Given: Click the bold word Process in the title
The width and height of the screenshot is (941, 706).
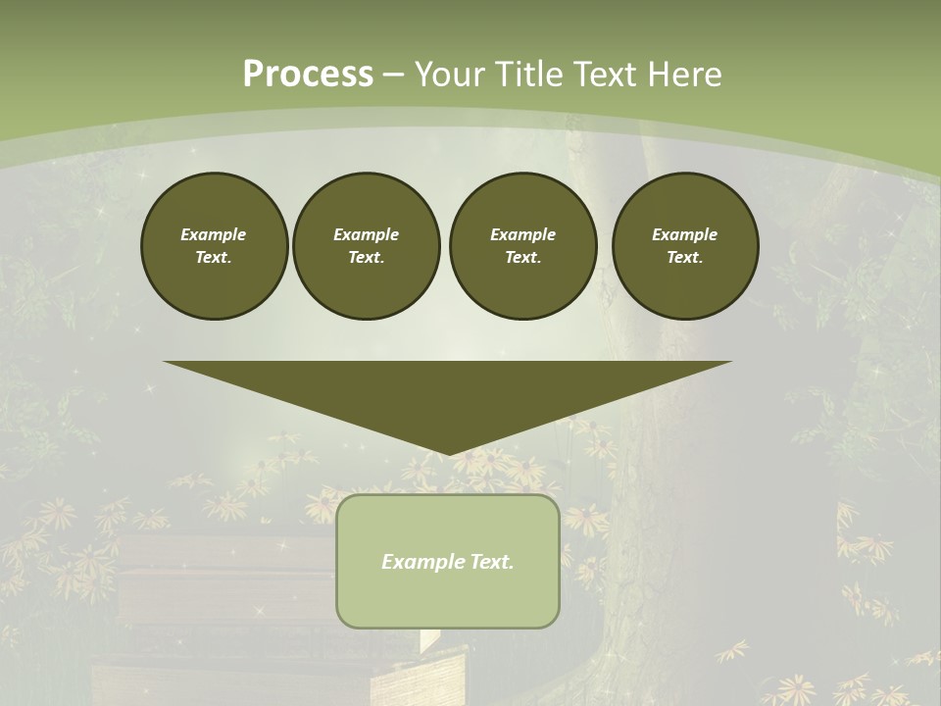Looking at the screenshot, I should pyautogui.click(x=308, y=75).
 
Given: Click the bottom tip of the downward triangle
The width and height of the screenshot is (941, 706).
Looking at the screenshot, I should pyautogui.click(x=448, y=453).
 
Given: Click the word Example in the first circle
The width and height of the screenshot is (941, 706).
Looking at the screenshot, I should pyautogui.click(x=214, y=234).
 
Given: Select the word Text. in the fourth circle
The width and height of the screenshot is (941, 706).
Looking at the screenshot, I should pyautogui.click(x=684, y=257).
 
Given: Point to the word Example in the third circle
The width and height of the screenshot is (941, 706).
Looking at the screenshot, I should pyautogui.click(x=522, y=234).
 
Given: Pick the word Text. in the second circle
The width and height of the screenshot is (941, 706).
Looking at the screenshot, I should pyautogui.click(x=366, y=257).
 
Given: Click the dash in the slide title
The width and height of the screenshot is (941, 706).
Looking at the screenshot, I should pyautogui.click(x=394, y=75).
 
